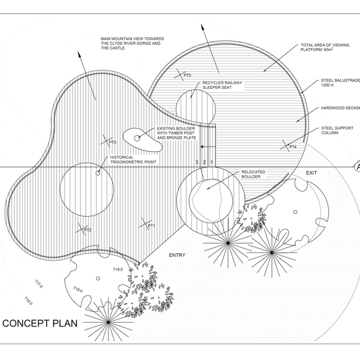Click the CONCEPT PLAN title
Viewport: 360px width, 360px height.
point(43,324)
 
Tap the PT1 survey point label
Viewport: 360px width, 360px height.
point(152,226)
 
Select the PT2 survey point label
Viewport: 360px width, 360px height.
point(87,230)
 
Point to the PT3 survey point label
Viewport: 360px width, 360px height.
point(112,142)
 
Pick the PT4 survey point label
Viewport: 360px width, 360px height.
point(293,147)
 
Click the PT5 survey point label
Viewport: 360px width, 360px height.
point(187,75)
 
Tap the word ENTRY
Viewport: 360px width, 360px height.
point(178,255)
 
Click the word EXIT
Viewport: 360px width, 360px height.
point(311,173)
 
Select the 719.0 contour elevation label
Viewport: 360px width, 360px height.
point(117,270)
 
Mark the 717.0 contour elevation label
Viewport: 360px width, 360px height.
point(38,283)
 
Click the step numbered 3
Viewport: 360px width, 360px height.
point(196,163)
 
